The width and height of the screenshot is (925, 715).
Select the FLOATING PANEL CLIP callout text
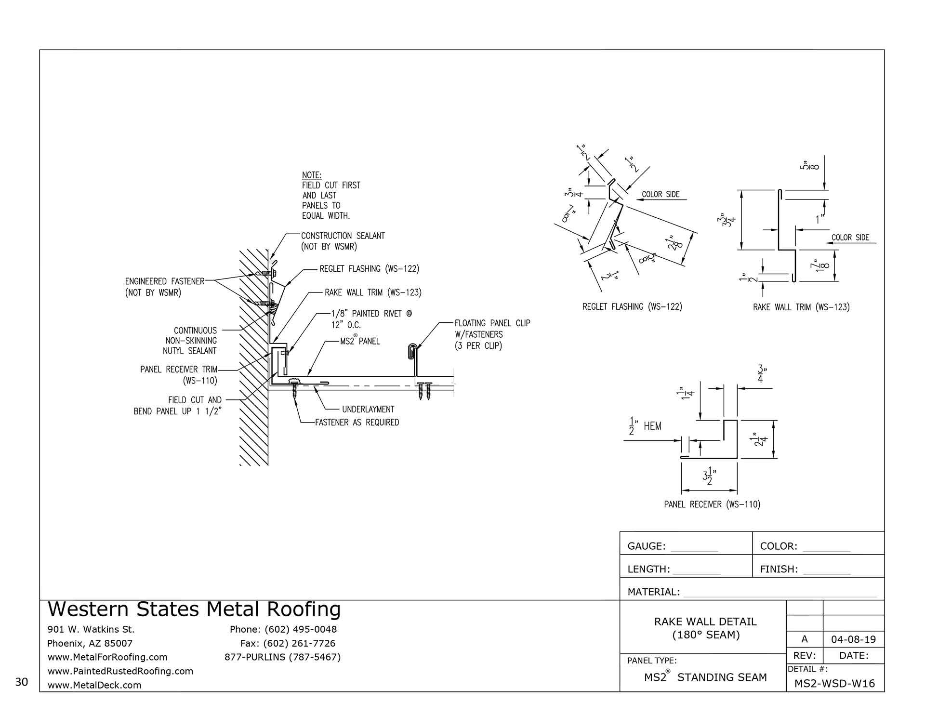[492, 323]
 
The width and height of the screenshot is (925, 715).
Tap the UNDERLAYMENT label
[368, 410]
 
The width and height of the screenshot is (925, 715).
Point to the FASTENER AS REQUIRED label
[357, 423]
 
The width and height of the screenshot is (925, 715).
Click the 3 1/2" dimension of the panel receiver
[709, 479]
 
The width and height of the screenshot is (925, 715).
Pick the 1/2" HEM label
[646, 427]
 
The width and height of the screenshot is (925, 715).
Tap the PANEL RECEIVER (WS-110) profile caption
[712, 504]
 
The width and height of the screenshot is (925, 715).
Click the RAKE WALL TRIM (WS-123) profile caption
[801, 307]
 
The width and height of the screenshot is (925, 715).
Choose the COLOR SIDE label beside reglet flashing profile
[661, 194]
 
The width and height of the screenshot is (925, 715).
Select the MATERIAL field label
[653, 592]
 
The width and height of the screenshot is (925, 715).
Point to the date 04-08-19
[853, 640]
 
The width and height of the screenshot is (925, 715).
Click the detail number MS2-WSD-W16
[834, 683]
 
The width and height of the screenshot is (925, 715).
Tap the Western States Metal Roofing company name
[194, 609]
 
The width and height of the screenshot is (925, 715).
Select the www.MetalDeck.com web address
[94, 685]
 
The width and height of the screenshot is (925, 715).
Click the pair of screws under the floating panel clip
[425, 390]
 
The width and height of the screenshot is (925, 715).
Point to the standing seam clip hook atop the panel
[412, 352]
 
